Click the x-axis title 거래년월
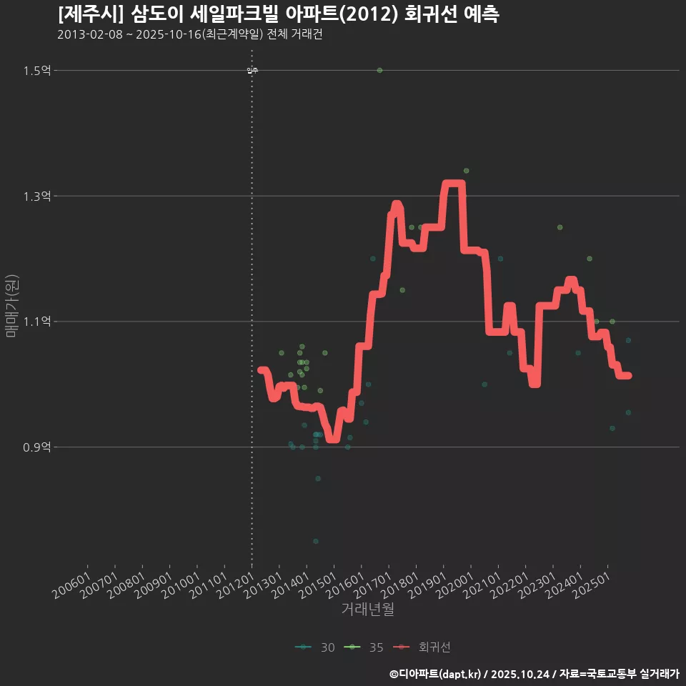coord(367,610)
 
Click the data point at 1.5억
coord(379,70)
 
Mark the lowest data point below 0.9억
coord(316,541)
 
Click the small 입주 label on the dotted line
coord(252,70)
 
